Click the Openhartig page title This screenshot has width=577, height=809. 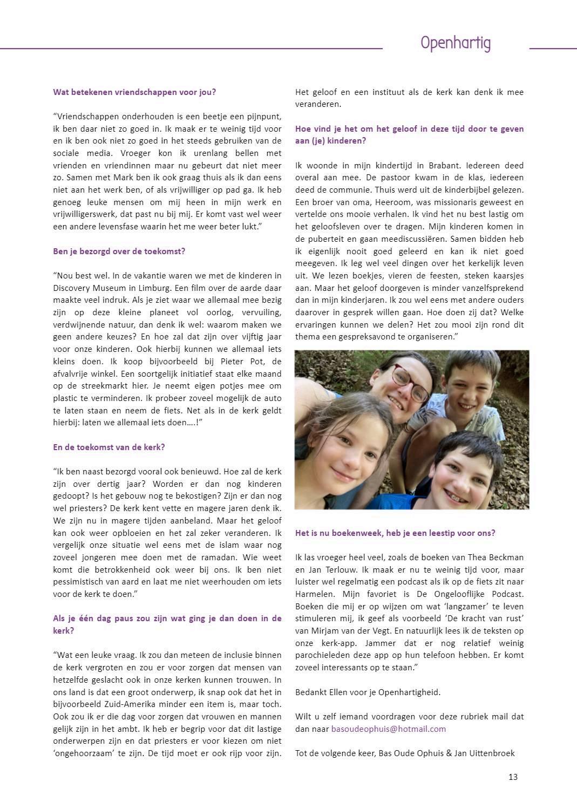(455, 43)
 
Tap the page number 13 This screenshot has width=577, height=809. (513, 777)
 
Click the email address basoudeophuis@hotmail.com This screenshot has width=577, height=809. (388, 729)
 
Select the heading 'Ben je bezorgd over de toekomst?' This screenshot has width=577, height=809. (119, 251)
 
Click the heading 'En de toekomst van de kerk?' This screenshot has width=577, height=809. (109, 447)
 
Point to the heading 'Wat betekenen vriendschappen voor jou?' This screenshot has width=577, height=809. (134, 92)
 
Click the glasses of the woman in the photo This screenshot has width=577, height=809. (411, 381)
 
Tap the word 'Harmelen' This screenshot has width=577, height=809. (315, 594)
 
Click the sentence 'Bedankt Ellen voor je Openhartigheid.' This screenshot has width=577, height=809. (368, 692)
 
